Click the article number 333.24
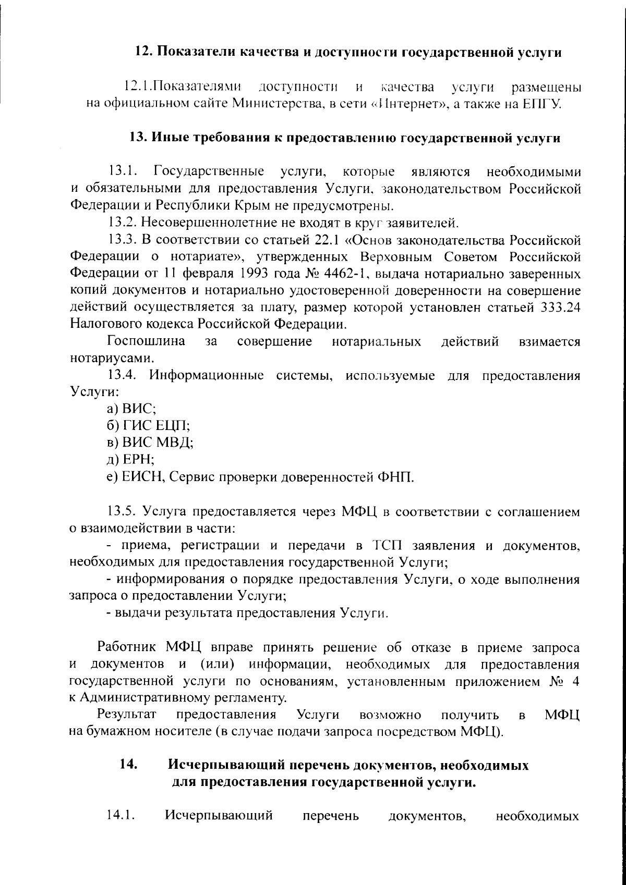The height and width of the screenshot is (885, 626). click(x=558, y=308)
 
